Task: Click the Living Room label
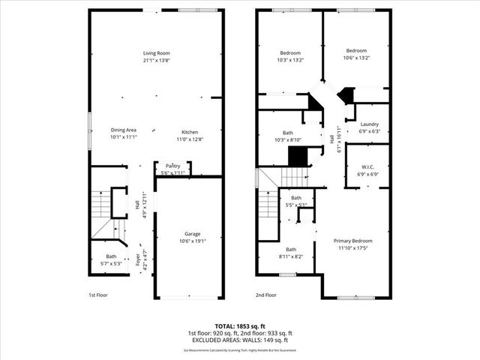(x=157, y=52)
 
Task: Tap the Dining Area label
(x=124, y=130)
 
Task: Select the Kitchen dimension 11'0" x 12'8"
(x=189, y=139)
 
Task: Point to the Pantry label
(x=172, y=166)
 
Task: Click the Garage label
(x=189, y=234)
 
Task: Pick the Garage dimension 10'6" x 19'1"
(x=189, y=241)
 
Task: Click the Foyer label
(x=137, y=259)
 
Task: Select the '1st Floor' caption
(x=98, y=295)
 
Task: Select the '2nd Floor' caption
(x=266, y=295)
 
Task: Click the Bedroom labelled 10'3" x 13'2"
(x=290, y=53)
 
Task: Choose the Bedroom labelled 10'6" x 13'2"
(x=356, y=50)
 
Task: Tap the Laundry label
(x=369, y=124)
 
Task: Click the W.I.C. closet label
(x=368, y=167)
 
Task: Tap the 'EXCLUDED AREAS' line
(x=239, y=339)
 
